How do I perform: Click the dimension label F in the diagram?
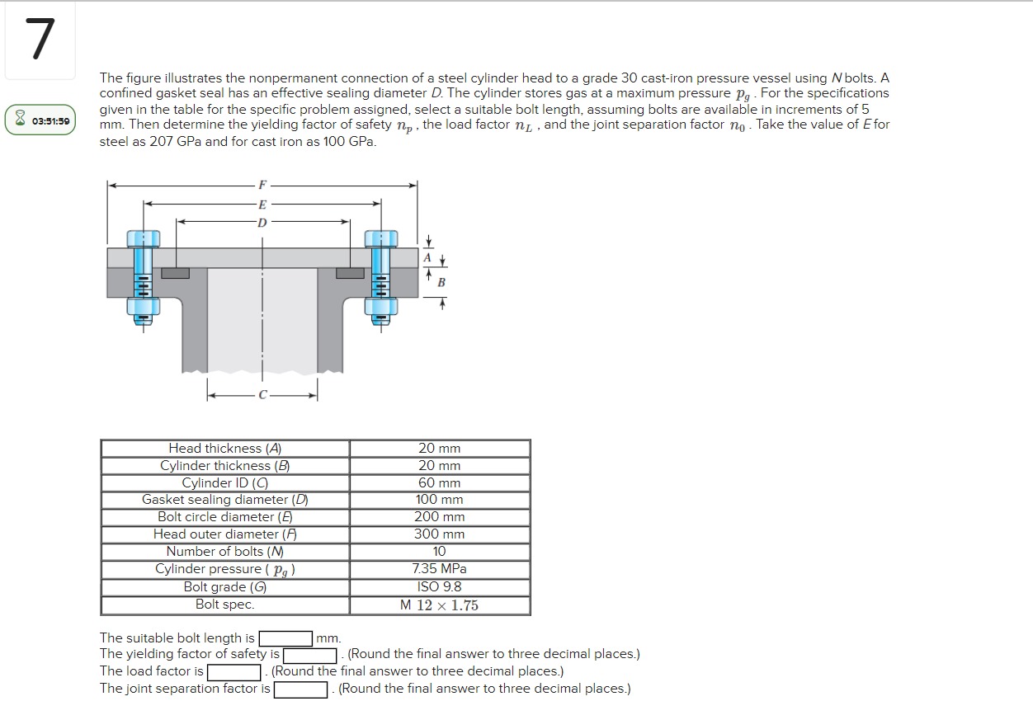[x=262, y=185]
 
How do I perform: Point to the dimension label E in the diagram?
[x=262, y=204]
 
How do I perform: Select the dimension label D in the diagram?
[x=262, y=222]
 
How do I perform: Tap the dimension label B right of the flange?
[x=441, y=283]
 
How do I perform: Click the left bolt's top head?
[x=143, y=238]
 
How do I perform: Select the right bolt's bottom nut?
[x=381, y=307]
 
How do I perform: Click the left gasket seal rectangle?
[x=175, y=273]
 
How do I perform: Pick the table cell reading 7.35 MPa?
[x=439, y=569]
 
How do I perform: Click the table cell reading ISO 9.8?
[x=439, y=587]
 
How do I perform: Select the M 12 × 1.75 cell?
[x=439, y=605]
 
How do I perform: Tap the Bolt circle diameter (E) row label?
[x=225, y=517]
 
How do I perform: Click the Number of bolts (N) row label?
[x=225, y=552]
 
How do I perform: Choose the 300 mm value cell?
[x=439, y=534]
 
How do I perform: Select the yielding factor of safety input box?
[x=310, y=656]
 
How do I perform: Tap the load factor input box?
[x=234, y=672]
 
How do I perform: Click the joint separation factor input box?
[x=301, y=689]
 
